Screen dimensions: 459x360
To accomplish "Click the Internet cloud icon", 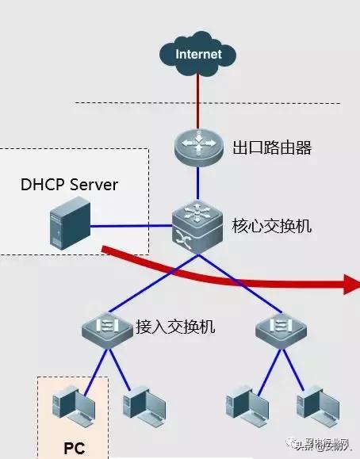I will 198,54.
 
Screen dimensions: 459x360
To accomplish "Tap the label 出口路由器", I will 272,147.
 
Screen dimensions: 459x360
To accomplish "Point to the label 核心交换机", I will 272,226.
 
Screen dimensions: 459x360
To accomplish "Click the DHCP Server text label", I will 70,185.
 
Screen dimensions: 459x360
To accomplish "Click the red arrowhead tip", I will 353,283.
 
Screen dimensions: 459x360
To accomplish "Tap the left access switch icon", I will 106,327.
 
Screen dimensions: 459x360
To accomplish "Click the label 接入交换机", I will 175,326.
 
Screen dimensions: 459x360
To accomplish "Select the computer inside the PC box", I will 71,404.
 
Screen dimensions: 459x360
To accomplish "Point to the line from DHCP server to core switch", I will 131,227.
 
